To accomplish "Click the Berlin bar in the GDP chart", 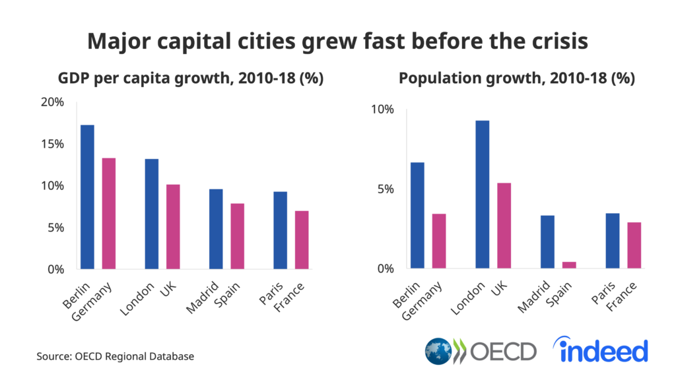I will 87,197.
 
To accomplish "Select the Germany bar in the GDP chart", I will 108,213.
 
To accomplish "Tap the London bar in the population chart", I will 482,195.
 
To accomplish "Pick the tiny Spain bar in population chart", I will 568,265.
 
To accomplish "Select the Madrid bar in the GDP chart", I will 216,229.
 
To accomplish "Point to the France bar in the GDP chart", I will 301,239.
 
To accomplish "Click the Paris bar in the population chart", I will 612,241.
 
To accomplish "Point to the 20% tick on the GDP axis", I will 51,102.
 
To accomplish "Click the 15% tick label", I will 51,144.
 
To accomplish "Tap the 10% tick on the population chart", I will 382,110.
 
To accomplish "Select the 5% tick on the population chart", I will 384,189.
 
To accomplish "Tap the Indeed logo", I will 602,350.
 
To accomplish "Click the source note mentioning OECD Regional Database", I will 115,356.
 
